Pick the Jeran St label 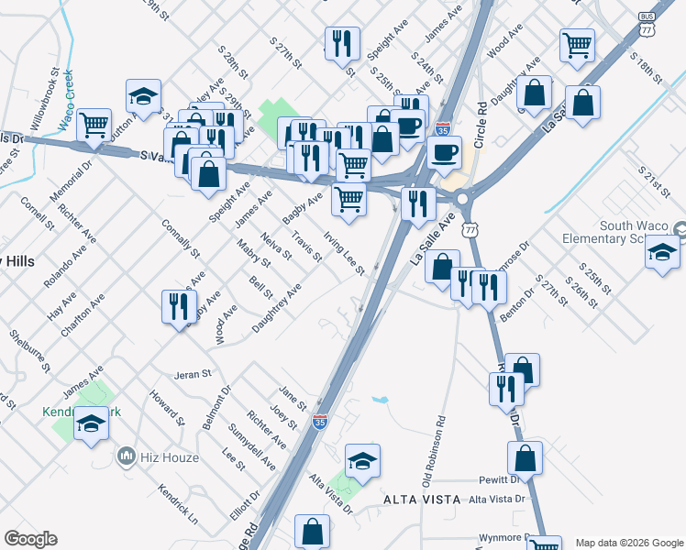[x=194, y=374]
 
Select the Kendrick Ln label [x=177, y=504]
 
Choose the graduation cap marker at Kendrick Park [x=91, y=423]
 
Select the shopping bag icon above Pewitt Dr [x=525, y=457]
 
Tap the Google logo [x=30, y=539]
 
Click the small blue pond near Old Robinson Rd [x=381, y=401]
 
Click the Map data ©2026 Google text [x=629, y=542]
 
